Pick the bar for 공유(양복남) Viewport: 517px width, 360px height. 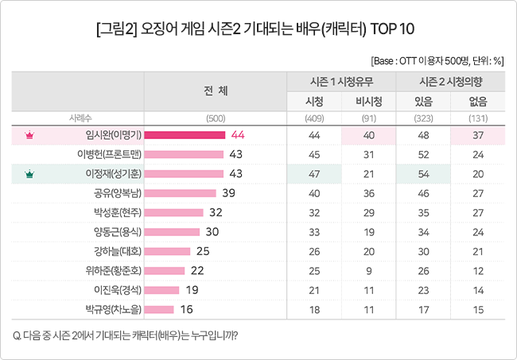[x=181, y=193]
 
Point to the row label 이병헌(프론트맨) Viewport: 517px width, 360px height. [x=109, y=154]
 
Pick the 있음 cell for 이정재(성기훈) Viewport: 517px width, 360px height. [x=423, y=173]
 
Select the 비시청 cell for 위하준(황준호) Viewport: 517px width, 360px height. [x=368, y=270]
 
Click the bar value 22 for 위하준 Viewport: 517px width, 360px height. [x=198, y=270]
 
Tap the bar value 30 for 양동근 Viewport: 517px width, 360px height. [x=212, y=231]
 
